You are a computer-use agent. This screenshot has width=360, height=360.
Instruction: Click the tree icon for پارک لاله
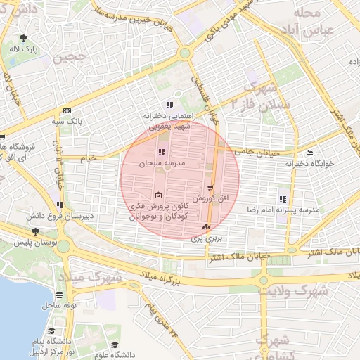[x=25, y=38]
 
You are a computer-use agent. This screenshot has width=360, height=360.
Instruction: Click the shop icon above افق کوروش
[x=210, y=186]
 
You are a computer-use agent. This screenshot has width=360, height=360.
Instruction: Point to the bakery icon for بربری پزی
[x=206, y=227]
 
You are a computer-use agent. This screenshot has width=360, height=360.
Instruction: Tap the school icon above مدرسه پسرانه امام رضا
[x=283, y=199]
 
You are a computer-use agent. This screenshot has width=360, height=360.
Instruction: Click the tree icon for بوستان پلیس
[x=35, y=231]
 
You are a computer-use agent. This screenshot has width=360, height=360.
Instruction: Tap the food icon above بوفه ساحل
[x=60, y=295]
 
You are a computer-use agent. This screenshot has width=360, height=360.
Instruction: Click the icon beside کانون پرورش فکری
[x=157, y=196]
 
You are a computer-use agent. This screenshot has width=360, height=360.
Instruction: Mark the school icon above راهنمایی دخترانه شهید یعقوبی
[x=169, y=104]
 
